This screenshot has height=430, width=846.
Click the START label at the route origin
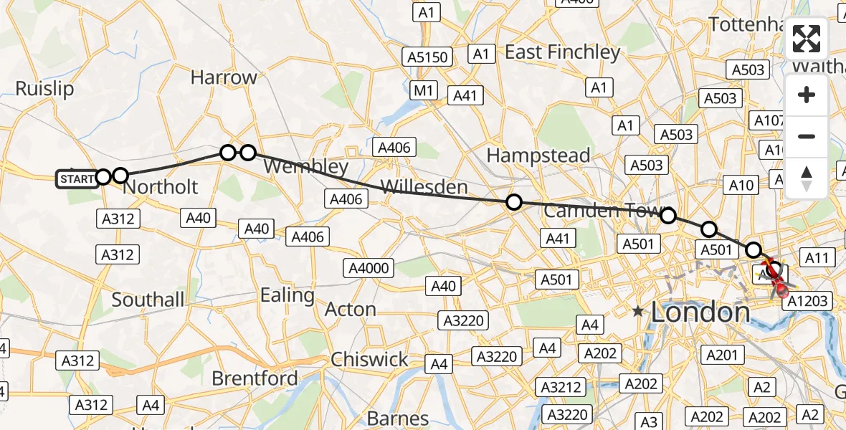77,178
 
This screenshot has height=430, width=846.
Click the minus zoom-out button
807,136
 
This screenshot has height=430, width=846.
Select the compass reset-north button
807,178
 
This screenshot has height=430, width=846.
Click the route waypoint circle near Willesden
513,202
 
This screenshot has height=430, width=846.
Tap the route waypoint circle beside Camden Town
667,215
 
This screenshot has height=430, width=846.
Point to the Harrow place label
224,77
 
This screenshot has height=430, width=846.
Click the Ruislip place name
44,89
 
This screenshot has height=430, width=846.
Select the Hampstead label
538,155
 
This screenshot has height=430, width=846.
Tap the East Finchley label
562,52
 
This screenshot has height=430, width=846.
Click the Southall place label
148,300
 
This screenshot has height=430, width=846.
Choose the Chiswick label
369,359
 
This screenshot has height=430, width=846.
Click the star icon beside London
638,312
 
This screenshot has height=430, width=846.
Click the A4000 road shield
369,269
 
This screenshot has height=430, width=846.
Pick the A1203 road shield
808,302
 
